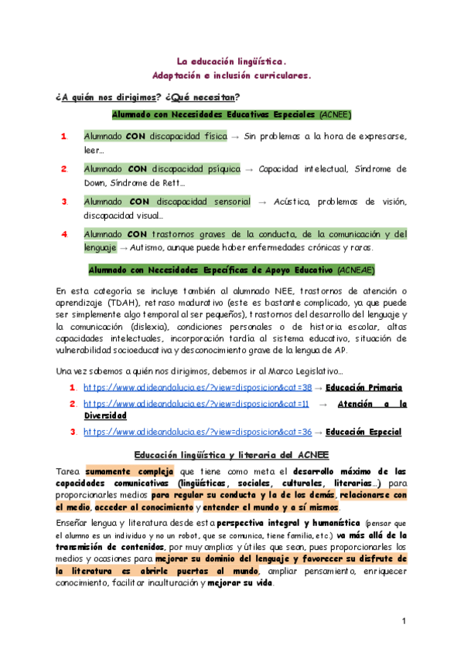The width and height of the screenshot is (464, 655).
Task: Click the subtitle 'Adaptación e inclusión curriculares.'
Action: pos(232,76)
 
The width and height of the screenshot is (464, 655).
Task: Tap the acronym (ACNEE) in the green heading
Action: pos(335,114)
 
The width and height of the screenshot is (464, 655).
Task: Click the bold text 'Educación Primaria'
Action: pos(364,387)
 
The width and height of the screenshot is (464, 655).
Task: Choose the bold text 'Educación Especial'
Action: pos(364,432)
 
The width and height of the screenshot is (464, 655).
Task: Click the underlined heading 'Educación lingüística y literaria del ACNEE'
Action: pos(232,454)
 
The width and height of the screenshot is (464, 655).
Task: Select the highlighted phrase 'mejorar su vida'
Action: pos(241,582)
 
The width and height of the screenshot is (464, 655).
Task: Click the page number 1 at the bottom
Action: pos(404,622)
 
